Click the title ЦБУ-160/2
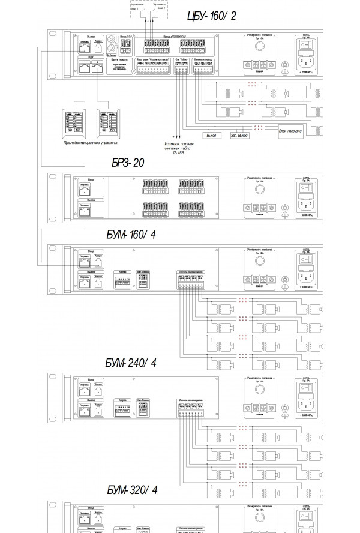click(212, 16)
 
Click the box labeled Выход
click(211, 135)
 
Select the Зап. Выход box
click(239, 135)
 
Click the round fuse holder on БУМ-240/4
click(260, 390)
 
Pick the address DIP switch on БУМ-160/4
click(123, 280)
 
